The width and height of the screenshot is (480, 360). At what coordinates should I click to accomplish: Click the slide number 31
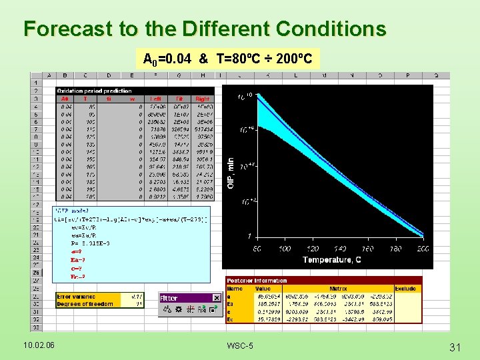[x=456, y=346]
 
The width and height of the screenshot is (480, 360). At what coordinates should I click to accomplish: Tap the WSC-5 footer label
[x=239, y=345]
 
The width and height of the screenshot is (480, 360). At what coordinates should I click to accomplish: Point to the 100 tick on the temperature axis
[x=285, y=249]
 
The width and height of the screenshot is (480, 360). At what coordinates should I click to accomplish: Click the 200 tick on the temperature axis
[x=423, y=249]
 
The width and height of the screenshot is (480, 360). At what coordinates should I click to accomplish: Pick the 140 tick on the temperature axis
[x=340, y=249]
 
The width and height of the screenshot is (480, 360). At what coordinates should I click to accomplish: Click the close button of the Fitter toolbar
[x=216, y=298]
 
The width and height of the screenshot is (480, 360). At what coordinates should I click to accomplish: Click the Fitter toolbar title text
[x=169, y=298]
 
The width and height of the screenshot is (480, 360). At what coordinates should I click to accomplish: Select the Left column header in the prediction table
[x=155, y=98]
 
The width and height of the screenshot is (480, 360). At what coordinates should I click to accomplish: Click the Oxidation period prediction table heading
[x=94, y=91]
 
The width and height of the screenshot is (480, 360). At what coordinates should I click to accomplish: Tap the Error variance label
[x=76, y=296]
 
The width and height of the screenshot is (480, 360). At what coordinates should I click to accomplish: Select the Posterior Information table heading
[x=257, y=281]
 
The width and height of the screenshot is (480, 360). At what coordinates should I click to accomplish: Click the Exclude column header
[x=405, y=289]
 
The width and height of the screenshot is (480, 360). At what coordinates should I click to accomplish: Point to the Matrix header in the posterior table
[x=338, y=289]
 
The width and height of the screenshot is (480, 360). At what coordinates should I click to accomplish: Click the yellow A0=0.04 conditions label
[x=227, y=59]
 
